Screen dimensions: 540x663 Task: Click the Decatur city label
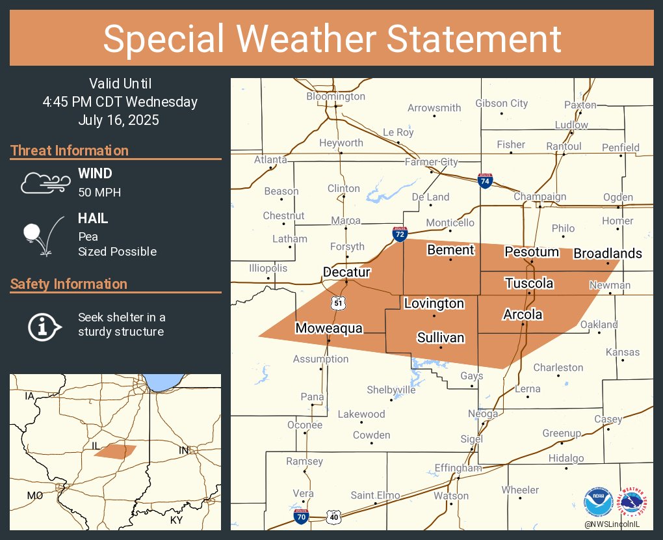pos(346,272)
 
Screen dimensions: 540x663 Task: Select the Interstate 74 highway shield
pos(484,181)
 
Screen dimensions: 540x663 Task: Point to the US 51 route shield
pos(337,303)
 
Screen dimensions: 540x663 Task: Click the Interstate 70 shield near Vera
pos(300,517)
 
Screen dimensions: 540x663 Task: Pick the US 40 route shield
pos(334,517)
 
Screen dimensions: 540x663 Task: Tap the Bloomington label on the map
pos(335,96)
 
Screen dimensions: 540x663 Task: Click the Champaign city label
pos(539,196)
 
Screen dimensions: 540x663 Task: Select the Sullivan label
pos(441,337)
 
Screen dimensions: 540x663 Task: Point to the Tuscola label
pos(529,283)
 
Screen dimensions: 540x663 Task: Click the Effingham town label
pos(458,468)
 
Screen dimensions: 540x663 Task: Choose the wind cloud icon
pos(44,183)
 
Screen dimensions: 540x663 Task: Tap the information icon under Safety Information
pos(44,325)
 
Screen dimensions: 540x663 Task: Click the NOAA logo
pos(598,501)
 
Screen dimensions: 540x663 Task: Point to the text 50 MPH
pos(99,192)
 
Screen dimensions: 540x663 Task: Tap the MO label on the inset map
pos(34,496)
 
